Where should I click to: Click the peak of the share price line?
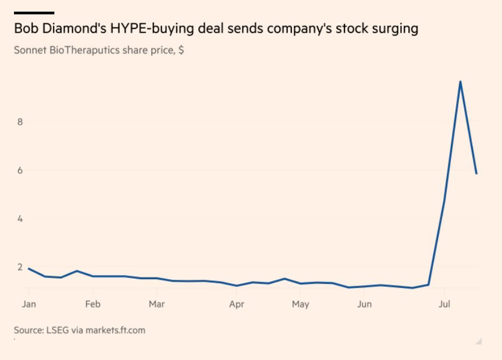coord(460,81)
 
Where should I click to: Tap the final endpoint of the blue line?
coord(477,173)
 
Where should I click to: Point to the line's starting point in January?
coord(29,268)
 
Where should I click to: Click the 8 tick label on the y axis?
coord(20,122)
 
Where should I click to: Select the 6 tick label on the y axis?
coord(20,170)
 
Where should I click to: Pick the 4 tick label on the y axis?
coord(20,219)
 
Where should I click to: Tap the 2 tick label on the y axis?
coord(20,268)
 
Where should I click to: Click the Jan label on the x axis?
coord(29,304)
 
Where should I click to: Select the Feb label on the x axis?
coord(92,304)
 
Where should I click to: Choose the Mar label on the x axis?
coord(156,304)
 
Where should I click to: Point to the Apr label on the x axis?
coord(236,304)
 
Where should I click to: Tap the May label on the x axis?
coord(300,304)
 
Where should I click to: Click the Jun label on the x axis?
coord(364,304)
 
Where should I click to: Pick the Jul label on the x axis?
coord(444,304)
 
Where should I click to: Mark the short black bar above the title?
coord(34,12)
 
